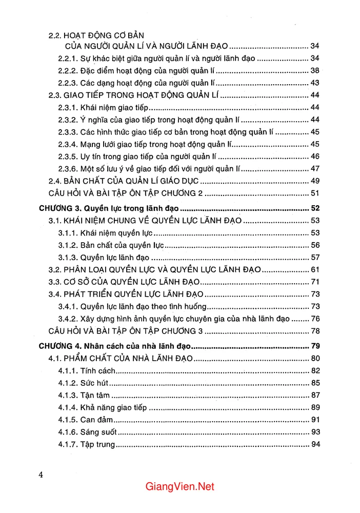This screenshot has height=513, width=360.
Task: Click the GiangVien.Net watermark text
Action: point(179,486)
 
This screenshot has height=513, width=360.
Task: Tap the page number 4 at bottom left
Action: point(41,474)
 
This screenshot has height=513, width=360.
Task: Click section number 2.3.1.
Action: point(68,107)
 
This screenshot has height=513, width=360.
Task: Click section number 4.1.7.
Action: point(68,444)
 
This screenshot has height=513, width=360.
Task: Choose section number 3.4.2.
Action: point(68,319)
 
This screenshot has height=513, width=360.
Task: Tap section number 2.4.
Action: point(54,181)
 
